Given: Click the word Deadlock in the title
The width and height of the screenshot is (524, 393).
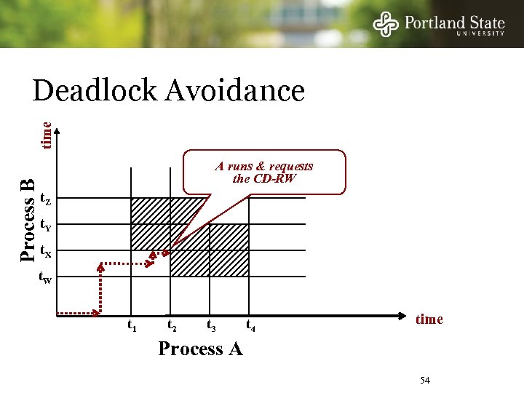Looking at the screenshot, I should point(95,91).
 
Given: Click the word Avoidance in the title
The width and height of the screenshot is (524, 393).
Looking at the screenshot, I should point(234,91).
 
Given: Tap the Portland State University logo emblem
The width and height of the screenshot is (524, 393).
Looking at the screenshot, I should point(386,24).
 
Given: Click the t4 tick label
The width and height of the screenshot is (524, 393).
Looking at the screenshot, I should point(251,325).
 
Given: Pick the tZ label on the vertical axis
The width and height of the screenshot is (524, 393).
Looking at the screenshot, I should point(45,199).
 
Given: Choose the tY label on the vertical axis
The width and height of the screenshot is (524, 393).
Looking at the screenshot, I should point(45,225).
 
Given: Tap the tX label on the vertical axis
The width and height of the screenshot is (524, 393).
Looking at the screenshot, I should point(45,252).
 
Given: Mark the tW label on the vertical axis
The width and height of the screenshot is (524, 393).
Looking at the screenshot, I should point(45,278).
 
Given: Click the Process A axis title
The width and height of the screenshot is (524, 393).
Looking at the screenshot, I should point(200,349).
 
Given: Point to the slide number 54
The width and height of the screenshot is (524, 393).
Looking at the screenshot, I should point(426,381).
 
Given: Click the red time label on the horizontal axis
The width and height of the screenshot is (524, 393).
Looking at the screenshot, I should point(429,319).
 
